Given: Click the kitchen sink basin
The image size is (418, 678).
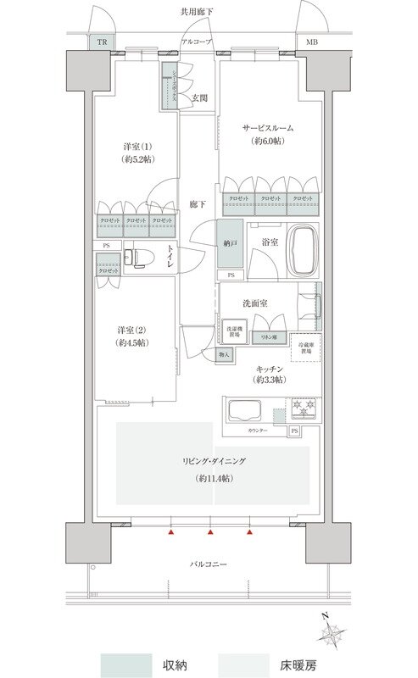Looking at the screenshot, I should (x=244, y=413).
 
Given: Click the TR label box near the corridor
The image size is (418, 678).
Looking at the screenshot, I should (x=101, y=42).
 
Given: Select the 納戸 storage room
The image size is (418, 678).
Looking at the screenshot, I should (x=229, y=244).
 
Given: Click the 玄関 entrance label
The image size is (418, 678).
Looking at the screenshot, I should (x=198, y=97).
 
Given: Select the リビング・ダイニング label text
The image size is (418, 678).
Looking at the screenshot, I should (x=212, y=461).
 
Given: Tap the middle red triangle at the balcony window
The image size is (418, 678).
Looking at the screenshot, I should (x=210, y=533).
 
